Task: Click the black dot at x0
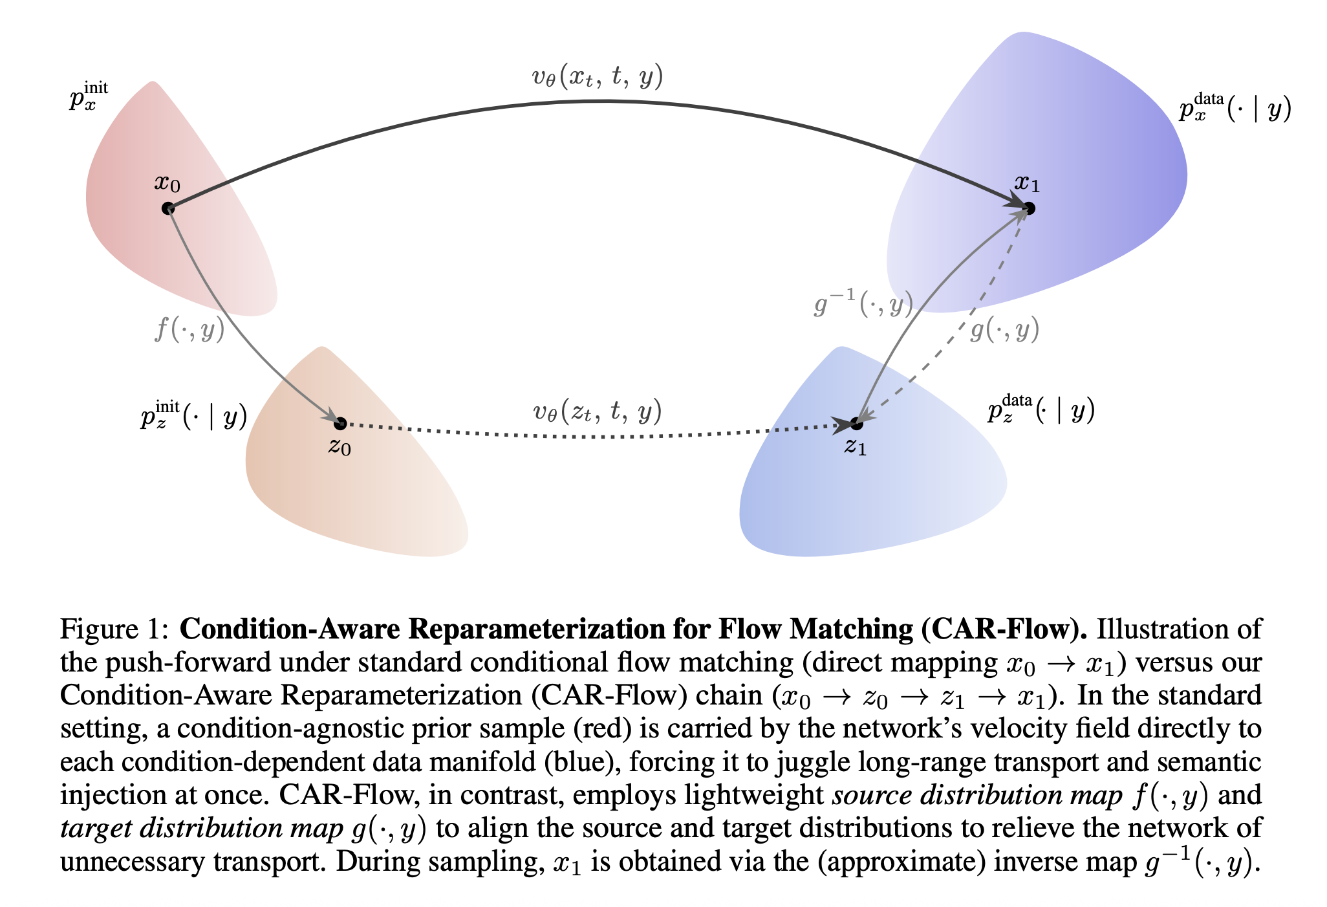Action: [168, 208]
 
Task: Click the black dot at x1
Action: [1029, 208]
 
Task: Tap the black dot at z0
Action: [340, 424]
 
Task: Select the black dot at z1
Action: [857, 424]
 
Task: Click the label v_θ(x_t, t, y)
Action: [597, 78]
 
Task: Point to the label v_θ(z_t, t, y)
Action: [597, 411]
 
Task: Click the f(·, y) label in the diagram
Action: [189, 330]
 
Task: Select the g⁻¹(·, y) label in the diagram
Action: [863, 303]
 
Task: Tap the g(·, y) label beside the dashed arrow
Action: [1004, 330]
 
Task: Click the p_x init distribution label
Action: [89, 97]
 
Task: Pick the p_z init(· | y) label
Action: [193, 415]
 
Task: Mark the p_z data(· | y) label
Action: [1041, 409]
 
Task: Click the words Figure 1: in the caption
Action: [114, 629]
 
